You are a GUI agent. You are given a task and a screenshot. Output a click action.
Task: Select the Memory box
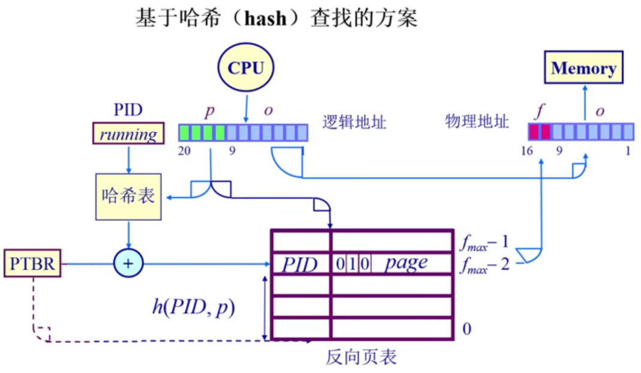pyautogui.click(x=583, y=68)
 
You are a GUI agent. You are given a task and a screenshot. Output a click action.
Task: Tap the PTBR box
pyautogui.click(x=32, y=264)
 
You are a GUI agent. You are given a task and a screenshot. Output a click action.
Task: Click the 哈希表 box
pyautogui.click(x=128, y=196)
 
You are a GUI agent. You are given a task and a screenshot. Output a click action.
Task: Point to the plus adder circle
pyautogui.click(x=128, y=264)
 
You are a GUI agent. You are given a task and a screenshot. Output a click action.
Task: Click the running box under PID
pyautogui.click(x=128, y=134)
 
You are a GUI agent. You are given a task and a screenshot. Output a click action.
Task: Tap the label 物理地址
pyautogui.click(x=477, y=122)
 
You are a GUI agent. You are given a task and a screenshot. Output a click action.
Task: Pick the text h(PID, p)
pyautogui.click(x=193, y=307)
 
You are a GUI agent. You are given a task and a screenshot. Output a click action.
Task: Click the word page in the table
pyautogui.click(x=406, y=263)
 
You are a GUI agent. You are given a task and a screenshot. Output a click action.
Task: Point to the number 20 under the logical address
pyautogui.click(x=184, y=151)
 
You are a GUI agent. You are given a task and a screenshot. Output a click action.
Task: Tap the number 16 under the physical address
pyautogui.click(x=528, y=151)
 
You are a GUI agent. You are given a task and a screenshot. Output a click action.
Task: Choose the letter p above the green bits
pyautogui.click(x=209, y=112)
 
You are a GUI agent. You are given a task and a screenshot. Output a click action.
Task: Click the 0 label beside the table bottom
pyautogui.click(x=466, y=329)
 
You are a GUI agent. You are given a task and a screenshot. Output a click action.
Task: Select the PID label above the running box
pyautogui.click(x=127, y=111)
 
